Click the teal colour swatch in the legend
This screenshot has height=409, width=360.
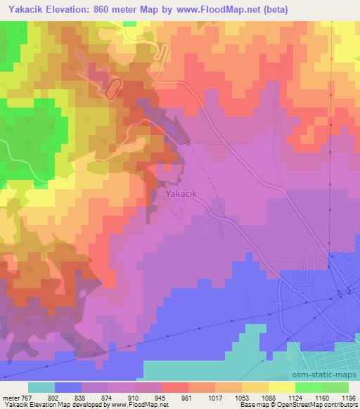click(41, 387)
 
